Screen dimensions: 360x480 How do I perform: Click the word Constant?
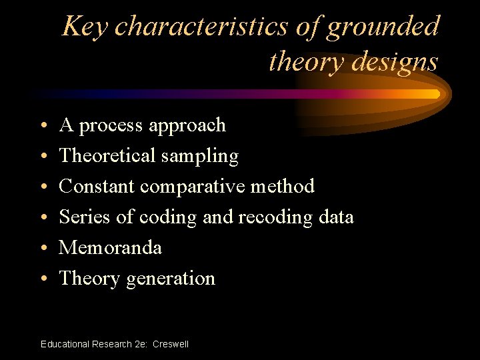[x=97, y=186]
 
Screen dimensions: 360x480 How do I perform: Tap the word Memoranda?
[x=111, y=247]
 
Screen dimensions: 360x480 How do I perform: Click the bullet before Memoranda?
[x=43, y=249]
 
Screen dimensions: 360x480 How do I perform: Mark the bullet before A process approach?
[x=43, y=126]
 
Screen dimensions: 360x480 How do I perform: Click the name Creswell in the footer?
[x=171, y=344]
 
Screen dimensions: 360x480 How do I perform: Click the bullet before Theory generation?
[x=43, y=279]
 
